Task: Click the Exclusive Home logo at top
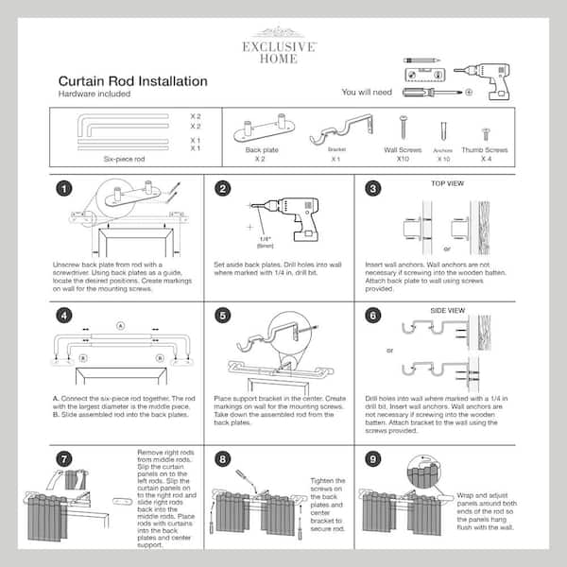point(283,44)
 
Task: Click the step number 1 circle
point(65,190)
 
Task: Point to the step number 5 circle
point(223,317)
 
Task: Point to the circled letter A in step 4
point(119,325)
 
